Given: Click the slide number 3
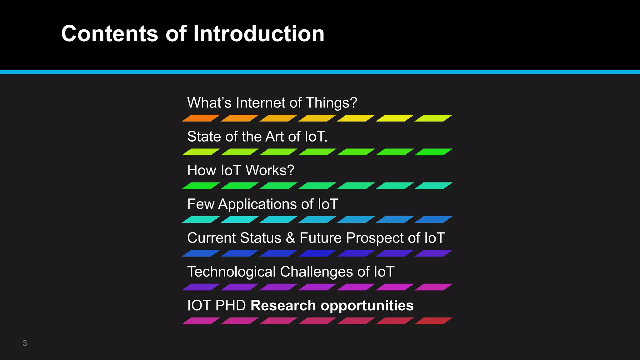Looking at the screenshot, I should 25,343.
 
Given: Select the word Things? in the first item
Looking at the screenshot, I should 331,103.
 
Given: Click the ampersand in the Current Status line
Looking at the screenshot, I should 290,238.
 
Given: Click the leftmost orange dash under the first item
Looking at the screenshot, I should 201,118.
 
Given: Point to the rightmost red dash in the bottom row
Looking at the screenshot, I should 433,321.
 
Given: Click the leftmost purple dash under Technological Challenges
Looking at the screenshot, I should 201,287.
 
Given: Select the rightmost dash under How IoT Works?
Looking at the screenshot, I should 433,186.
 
